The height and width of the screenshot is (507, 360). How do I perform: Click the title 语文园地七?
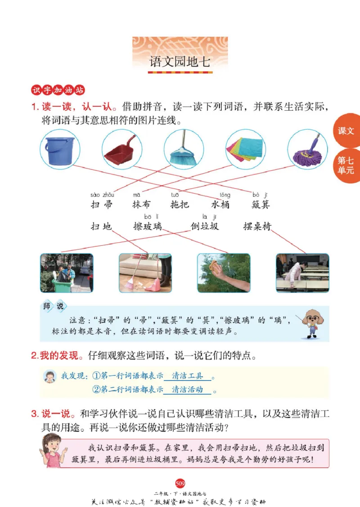180,63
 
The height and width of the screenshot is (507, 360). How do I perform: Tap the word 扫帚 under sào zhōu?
102,204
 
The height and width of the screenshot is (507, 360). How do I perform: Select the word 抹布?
142,204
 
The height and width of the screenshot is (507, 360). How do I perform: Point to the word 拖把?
180,204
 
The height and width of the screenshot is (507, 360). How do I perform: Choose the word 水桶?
220,204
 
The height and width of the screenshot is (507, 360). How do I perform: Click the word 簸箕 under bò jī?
261,204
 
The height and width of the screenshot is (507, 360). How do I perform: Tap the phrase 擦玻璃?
148,226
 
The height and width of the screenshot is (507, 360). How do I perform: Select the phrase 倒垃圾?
204,226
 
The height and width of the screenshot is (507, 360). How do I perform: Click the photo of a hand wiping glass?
224,273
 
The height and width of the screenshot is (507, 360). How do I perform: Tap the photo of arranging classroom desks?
302,273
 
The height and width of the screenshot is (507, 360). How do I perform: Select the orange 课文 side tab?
346,131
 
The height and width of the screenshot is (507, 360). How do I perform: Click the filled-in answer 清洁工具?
187,376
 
